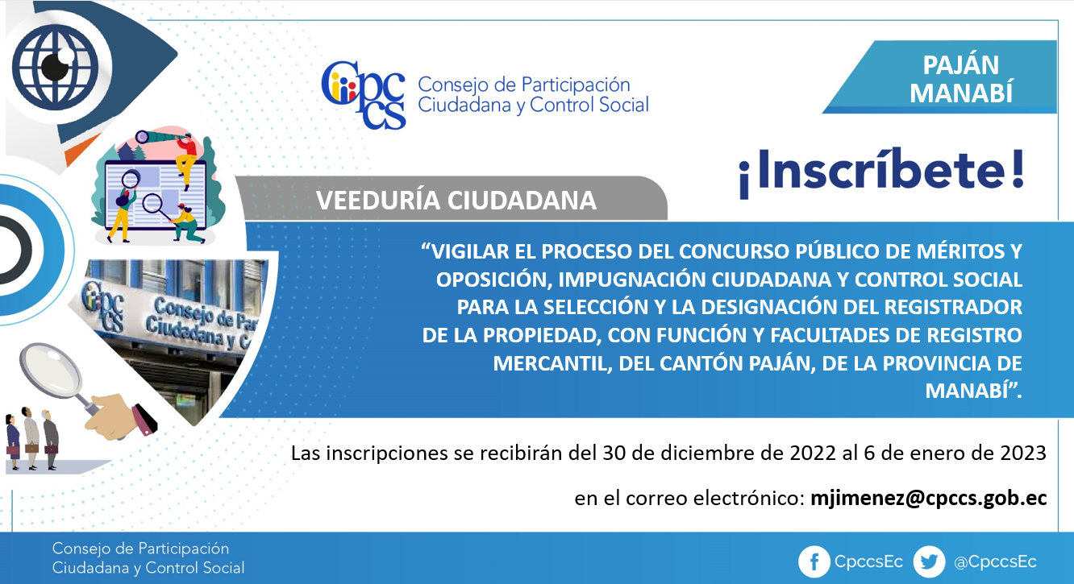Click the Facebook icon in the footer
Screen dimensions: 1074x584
(814, 561)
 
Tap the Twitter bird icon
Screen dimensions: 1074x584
(929, 561)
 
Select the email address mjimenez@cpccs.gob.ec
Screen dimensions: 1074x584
(928, 499)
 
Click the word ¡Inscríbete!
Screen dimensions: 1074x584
(881, 172)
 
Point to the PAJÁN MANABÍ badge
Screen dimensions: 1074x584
(940, 77)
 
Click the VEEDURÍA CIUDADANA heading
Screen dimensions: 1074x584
(456, 201)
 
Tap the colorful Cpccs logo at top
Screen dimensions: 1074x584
(364, 95)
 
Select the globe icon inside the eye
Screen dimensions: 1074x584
(55, 67)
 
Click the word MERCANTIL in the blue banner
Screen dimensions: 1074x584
(552, 363)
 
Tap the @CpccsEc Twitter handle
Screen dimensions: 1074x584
(995, 562)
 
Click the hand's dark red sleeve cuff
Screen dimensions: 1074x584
(144, 420)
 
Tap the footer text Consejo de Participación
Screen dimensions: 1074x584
(140, 549)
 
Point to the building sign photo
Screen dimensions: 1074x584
(173, 335)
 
